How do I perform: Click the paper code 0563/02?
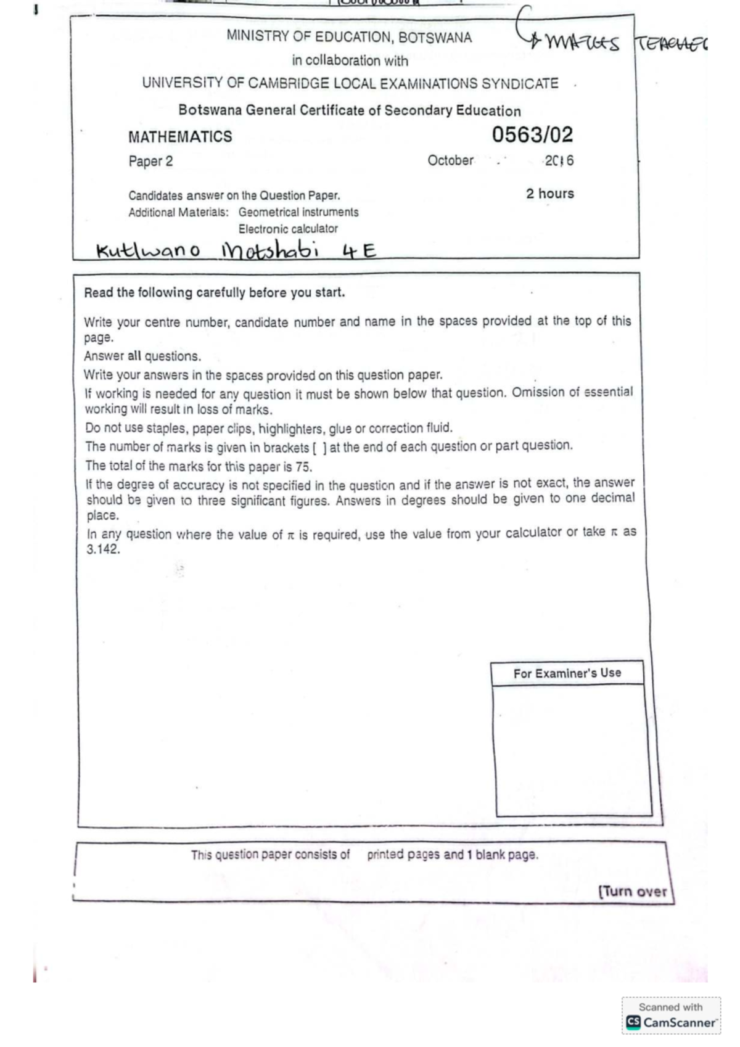click(x=532, y=135)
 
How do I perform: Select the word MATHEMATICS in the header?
click(x=180, y=137)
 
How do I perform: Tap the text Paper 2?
click(x=150, y=162)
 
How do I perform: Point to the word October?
click(x=450, y=160)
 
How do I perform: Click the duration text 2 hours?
click(x=549, y=194)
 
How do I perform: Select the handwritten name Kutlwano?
click(x=148, y=251)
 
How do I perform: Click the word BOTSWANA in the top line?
click(x=435, y=38)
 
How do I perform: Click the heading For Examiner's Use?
click(x=567, y=673)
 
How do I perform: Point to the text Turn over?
click(x=633, y=892)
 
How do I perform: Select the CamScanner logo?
click(x=672, y=1022)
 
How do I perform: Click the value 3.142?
click(x=103, y=549)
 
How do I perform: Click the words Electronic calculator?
click(x=288, y=229)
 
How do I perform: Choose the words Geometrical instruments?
click(x=298, y=212)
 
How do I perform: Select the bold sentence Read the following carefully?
click(x=214, y=293)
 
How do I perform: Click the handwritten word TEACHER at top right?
click(x=671, y=44)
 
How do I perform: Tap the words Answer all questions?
click(x=142, y=356)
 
